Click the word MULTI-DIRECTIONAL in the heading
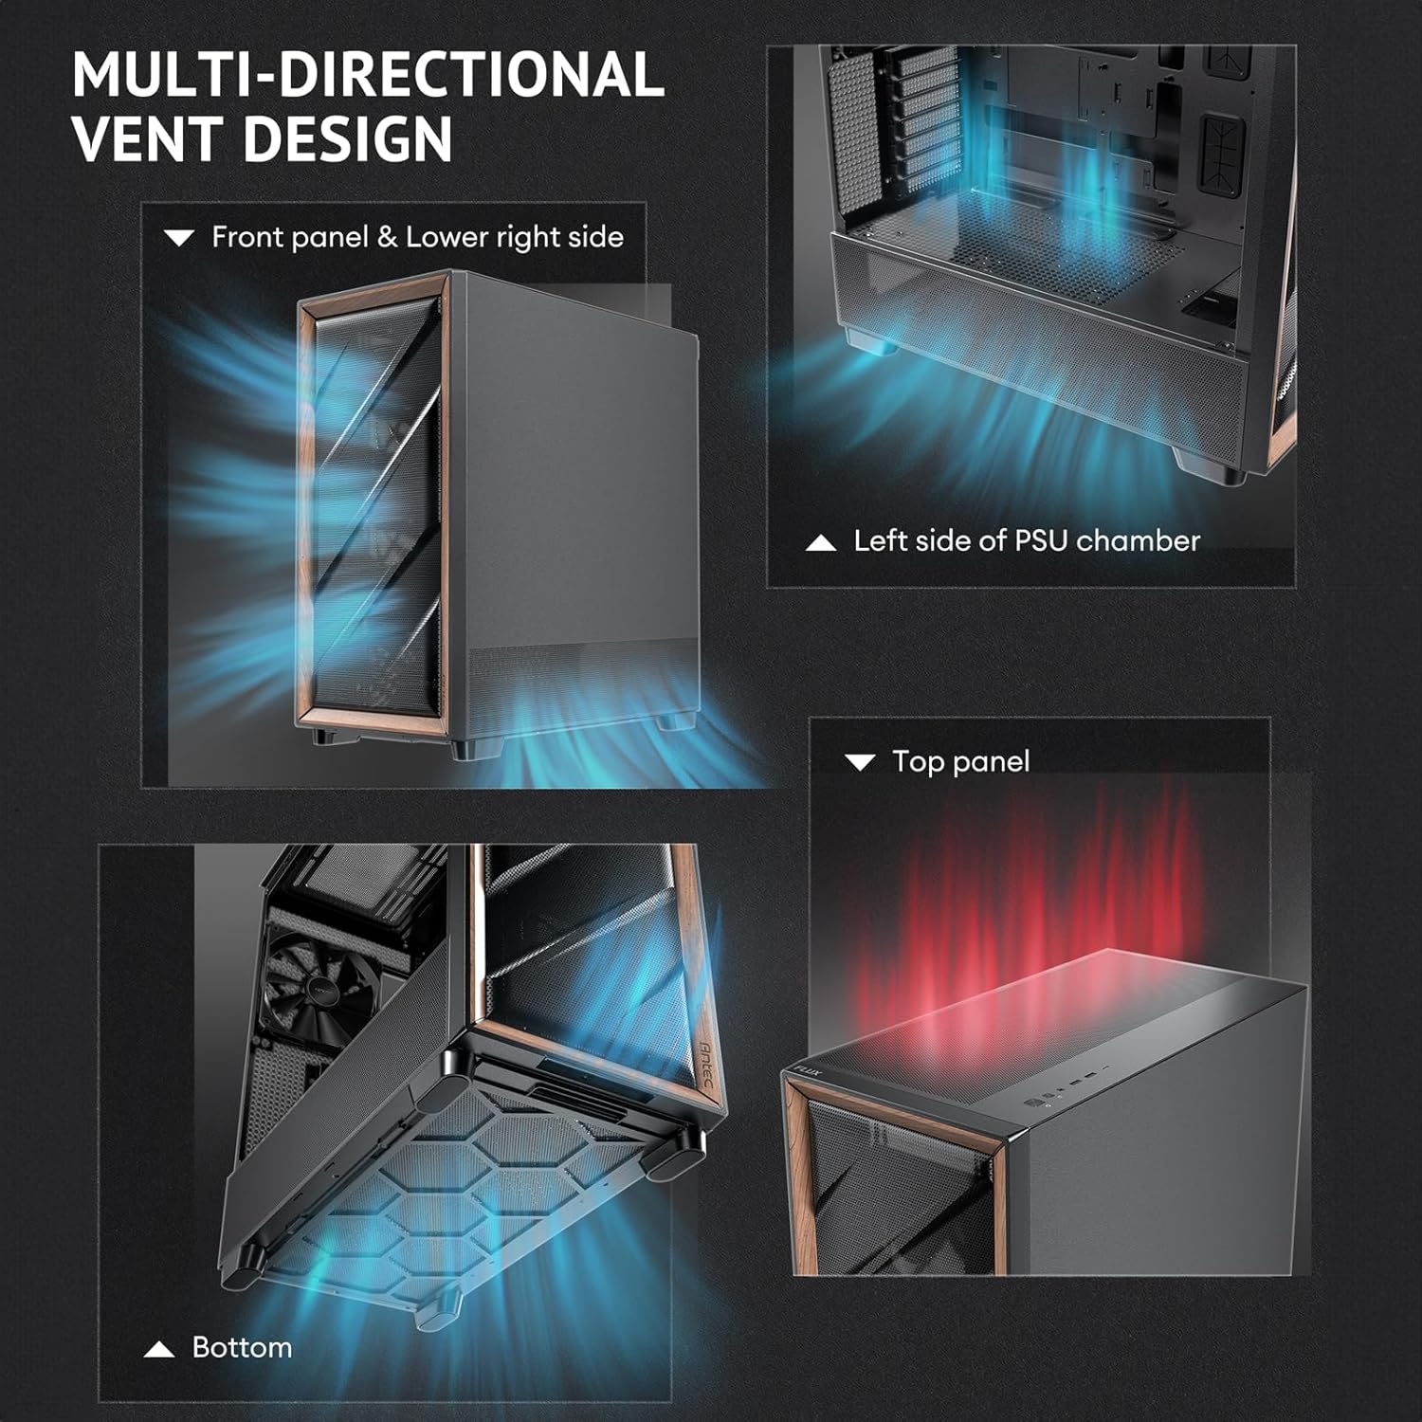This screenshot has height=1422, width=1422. (x=368, y=75)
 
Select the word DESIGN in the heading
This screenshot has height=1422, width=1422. (x=348, y=138)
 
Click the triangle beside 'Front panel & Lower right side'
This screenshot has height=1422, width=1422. (x=179, y=238)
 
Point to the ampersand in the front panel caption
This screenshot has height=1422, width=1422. (x=387, y=237)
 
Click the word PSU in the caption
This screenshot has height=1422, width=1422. (x=1042, y=540)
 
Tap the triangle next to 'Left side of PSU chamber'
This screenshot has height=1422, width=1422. (x=821, y=543)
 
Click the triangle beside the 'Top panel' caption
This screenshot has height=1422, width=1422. (x=860, y=762)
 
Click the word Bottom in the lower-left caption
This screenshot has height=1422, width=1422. (x=242, y=1347)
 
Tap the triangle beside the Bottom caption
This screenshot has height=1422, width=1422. (x=159, y=1349)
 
